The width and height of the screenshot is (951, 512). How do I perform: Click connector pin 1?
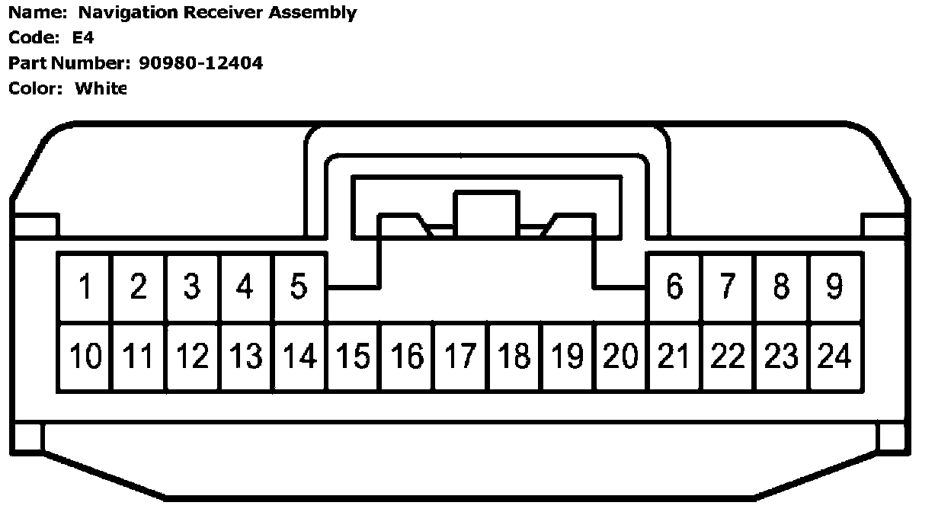pyautogui.click(x=85, y=287)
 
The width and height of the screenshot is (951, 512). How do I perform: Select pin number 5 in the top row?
pyautogui.click(x=299, y=287)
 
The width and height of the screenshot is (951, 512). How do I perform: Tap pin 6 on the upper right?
pyautogui.click(x=674, y=287)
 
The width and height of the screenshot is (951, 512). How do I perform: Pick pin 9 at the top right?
pyautogui.click(x=835, y=287)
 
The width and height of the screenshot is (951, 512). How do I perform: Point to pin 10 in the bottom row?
pyautogui.click(x=85, y=357)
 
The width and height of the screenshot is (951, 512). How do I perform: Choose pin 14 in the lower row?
pyautogui.click(x=299, y=357)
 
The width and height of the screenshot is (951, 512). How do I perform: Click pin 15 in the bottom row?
pyautogui.click(x=353, y=357)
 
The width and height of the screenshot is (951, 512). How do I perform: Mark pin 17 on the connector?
pyautogui.click(x=460, y=357)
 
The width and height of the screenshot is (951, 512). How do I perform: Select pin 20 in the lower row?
pyautogui.click(x=621, y=357)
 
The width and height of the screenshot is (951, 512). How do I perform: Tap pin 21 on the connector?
pyautogui.click(x=674, y=357)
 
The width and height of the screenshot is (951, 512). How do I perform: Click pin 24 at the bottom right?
pyautogui.click(x=835, y=357)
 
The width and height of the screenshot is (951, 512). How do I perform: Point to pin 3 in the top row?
pyautogui.click(x=192, y=287)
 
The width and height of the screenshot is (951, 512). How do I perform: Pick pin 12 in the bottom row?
pyautogui.click(x=192, y=357)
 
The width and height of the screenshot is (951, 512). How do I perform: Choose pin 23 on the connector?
pyautogui.click(x=782, y=357)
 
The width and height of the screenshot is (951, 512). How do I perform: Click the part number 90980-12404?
pyautogui.click(x=201, y=63)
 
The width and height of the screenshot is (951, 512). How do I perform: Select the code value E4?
pyautogui.click(x=83, y=38)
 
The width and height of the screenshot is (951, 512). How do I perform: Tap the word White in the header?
pyautogui.click(x=101, y=88)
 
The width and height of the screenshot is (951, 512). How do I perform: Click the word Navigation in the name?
pyautogui.click(x=120, y=13)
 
